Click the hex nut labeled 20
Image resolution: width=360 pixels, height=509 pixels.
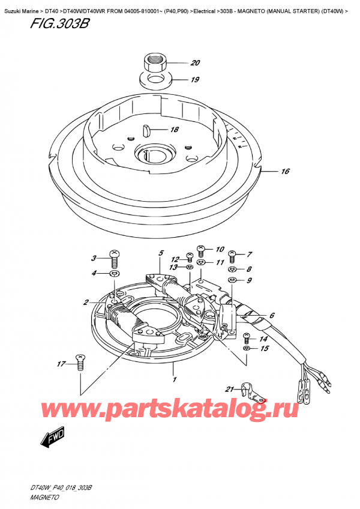(x=154, y=62)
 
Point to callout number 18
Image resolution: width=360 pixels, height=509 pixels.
(x=174, y=130)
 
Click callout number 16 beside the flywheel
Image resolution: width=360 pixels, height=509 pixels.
(x=285, y=172)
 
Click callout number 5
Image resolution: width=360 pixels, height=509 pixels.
(x=161, y=254)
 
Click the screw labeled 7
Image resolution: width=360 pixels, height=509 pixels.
(x=233, y=256)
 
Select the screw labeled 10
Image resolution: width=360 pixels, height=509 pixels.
(x=202, y=250)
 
